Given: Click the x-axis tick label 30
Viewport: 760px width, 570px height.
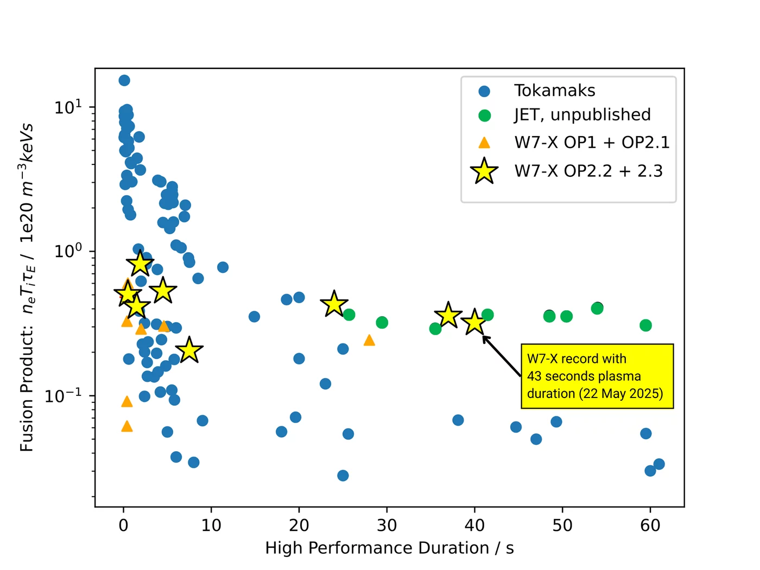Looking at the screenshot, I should [387, 525].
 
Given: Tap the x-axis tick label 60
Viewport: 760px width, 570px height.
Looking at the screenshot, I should [650, 525].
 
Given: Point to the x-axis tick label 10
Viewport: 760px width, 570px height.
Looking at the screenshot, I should [211, 525].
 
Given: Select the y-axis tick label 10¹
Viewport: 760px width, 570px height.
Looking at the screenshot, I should [68, 106].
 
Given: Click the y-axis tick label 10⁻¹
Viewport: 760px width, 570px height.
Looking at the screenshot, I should [64, 395].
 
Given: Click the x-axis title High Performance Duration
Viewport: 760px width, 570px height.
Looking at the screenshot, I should [389, 548].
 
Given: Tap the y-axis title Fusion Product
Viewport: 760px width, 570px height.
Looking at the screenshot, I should [27, 287].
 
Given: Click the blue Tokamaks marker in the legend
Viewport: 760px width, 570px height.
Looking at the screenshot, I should [484, 91].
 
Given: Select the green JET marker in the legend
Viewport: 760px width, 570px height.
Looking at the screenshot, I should [484, 115].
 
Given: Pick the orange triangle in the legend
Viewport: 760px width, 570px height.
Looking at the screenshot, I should [484, 143].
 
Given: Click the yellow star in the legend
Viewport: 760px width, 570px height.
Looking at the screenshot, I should [484, 171].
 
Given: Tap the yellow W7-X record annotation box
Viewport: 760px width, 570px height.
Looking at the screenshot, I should [597, 376].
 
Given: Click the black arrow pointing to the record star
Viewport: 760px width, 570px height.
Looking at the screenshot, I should [502, 356].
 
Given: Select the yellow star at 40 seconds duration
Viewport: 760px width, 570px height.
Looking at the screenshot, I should [475, 322].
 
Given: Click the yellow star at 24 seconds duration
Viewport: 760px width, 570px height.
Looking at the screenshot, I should [334, 304].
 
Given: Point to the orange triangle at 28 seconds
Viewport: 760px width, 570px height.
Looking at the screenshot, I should [369, 340].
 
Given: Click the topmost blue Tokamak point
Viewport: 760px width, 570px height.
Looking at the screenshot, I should [124, 80].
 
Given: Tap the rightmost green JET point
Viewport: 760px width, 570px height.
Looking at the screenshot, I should [645, 325].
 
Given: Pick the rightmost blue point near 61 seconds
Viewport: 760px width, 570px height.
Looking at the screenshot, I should [659, 464].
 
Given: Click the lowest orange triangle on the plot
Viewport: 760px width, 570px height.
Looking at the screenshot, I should [127, 426].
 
